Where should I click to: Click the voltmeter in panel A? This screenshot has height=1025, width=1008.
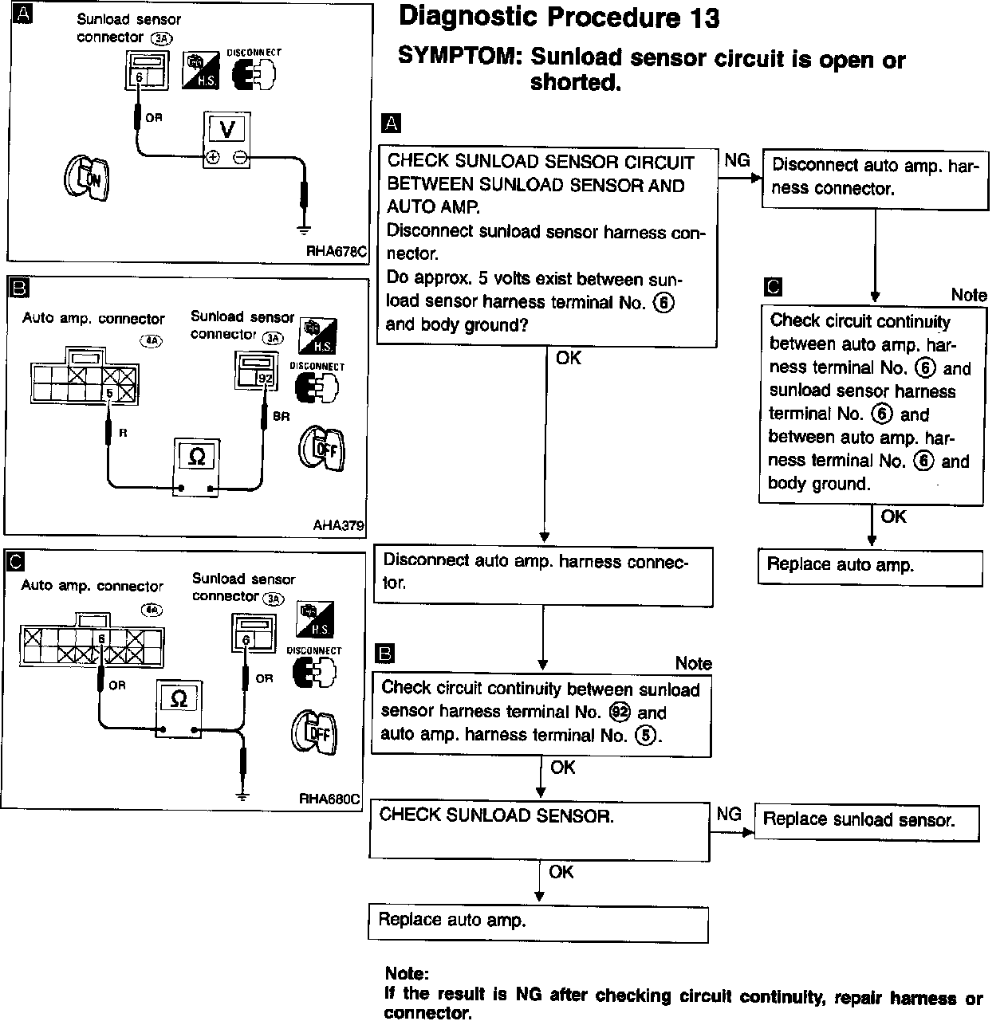[226, 140]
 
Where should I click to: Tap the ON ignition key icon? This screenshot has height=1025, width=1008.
[87, 178]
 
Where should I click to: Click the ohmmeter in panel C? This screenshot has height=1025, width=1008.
[179, 709]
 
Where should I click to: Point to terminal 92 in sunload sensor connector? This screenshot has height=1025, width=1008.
[265, 378]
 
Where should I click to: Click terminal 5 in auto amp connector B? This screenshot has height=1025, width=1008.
[109, 393]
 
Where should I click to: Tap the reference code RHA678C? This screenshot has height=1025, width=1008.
[337, 252]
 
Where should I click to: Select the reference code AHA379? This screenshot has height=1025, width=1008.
[338, 525]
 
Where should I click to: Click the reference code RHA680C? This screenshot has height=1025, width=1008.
[329, 799]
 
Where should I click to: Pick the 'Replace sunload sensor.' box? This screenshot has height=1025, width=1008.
[866, 823]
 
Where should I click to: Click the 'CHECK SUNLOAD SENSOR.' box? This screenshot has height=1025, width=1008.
[539, 831]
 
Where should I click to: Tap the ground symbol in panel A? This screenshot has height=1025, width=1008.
[304, 230]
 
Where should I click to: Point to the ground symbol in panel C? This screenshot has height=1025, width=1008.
[242, 796]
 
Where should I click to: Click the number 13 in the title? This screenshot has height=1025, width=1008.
[705, 18]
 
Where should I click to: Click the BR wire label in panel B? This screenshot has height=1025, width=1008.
[281, 416]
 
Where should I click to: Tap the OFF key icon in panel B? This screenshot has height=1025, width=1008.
[321, 448]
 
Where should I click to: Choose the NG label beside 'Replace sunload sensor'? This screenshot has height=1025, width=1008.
[729, 813]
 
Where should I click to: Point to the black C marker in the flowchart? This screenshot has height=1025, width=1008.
[772, 287]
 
